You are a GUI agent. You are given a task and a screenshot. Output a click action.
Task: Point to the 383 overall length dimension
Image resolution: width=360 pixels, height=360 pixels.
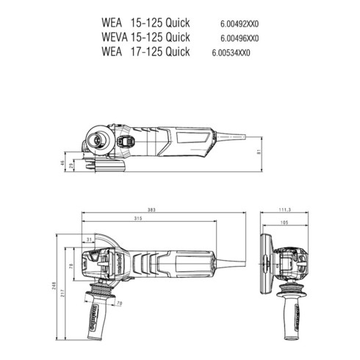tap(151, 211)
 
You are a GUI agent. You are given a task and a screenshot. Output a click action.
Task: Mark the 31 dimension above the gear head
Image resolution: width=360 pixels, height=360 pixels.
tap(88, 240)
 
